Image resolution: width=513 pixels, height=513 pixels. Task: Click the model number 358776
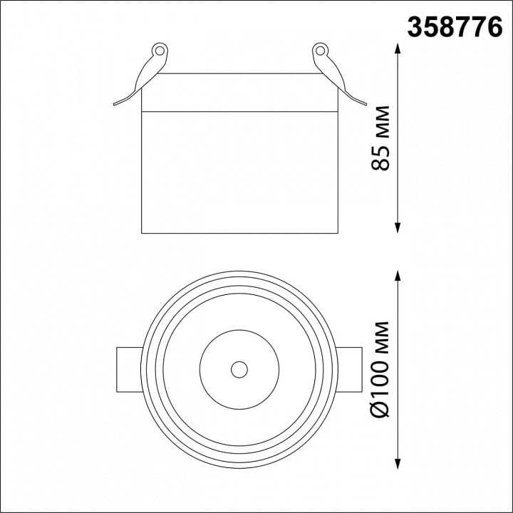tap(455, 28)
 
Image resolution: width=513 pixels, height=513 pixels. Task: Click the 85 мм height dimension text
tap(380, 138)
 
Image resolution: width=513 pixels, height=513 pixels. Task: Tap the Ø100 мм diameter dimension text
tap(380, 369)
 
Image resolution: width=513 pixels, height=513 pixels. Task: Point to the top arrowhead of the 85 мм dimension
tap(398, 48)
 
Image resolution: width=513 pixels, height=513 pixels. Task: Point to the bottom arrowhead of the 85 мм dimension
tap(398, 228)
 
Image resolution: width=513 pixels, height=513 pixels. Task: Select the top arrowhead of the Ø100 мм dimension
tap(398, 276)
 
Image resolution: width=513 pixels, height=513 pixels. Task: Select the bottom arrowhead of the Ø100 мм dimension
tap(398, 464)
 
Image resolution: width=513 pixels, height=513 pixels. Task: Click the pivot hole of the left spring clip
tap(160, 51)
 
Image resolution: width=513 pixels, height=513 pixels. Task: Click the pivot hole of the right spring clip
tap(321, 51)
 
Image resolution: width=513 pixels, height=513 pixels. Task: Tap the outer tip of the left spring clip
tap(115, 104)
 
